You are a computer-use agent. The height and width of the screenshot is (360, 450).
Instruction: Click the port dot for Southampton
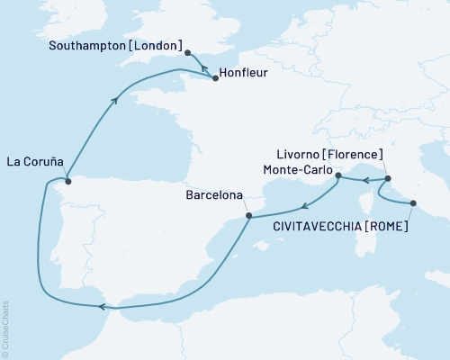click(x=187, y=54)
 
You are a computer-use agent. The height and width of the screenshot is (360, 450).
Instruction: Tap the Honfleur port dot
click(x=215, y=78)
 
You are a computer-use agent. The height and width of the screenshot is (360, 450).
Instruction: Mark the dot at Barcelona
click(x=248, y=216)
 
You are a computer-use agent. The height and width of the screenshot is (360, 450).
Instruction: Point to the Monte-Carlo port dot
click(x=338, y=177)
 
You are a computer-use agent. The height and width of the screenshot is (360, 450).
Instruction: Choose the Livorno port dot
click(x=386, y=177)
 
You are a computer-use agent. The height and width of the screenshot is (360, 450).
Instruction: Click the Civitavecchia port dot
click(x=413, y=205)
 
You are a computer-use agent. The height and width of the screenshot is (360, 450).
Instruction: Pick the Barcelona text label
click(x=211, y=193)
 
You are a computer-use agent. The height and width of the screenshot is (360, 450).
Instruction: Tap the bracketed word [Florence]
click(x=355, y=155)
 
